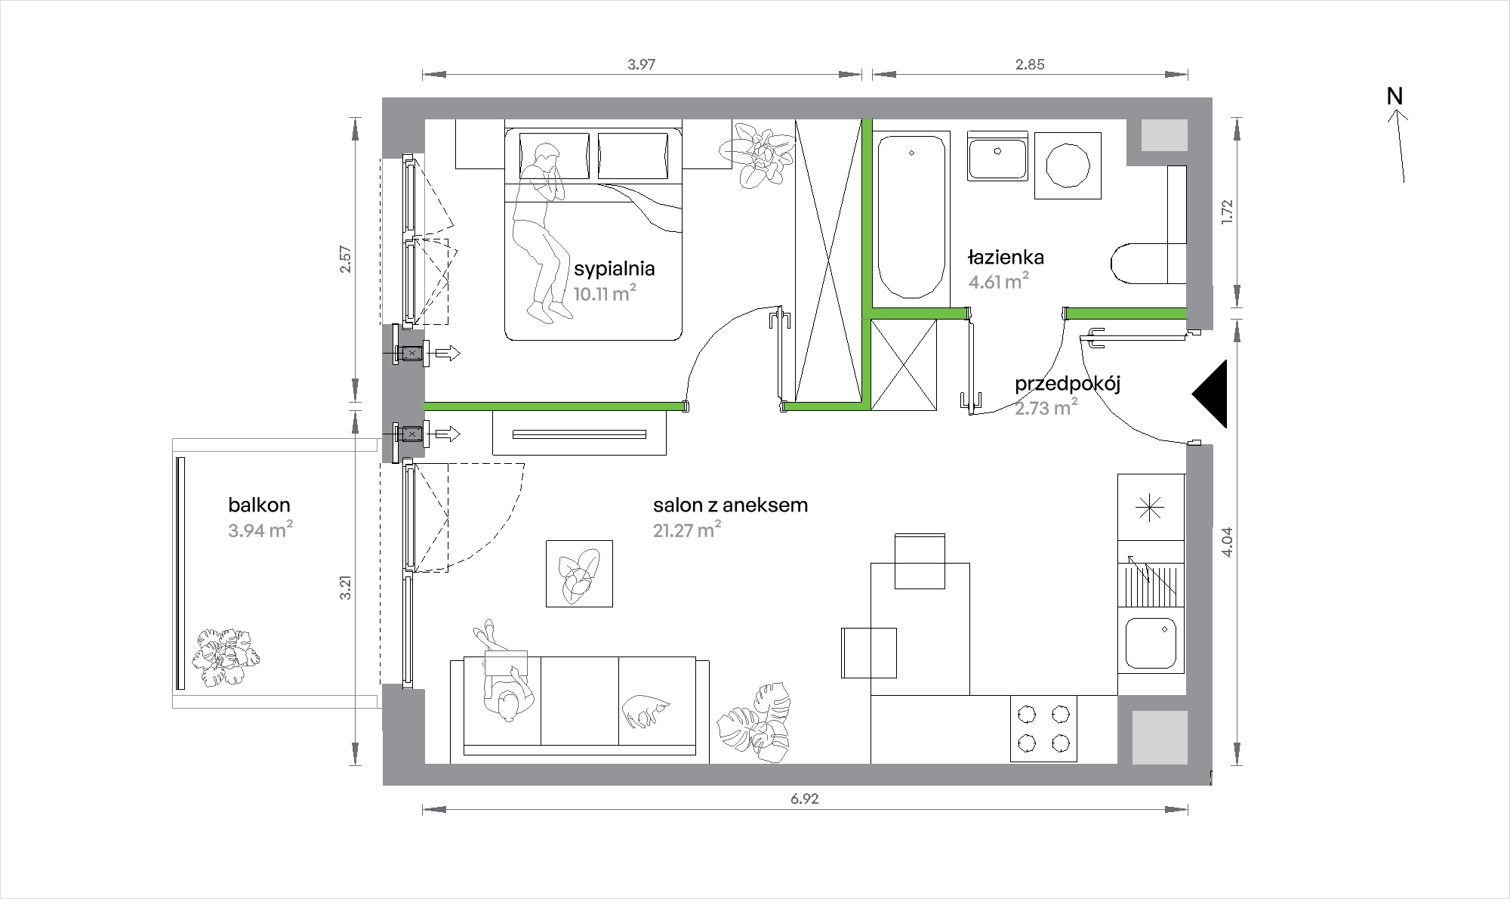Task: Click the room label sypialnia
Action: pyautogui.click(x=614, y=269)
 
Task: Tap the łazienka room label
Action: pyautogui.click(x=1006, y=257)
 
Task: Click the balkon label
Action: pyautogui.click(x=259, y=505)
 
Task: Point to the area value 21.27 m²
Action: pyautogui.click(x=687, y=530)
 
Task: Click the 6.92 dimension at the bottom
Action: pyautogui.click(x=806, y=799)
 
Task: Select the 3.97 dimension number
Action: pyautogui.click(x=641, y=64)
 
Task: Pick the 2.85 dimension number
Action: pyautogui.click(x=1030, y=64)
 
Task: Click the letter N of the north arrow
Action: pyautogui.click(x=1394, y=97)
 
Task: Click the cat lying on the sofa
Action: pyautogui.click(x=646, y=711)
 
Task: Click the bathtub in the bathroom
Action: pyautogui.click(x=912, y=216)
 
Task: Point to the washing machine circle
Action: pyautogui.click(x=1067, y=166)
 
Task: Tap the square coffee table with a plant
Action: pyautogui.click(x=579, y=573)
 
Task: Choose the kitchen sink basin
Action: pyautogui.click(x=1151, y=644)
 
